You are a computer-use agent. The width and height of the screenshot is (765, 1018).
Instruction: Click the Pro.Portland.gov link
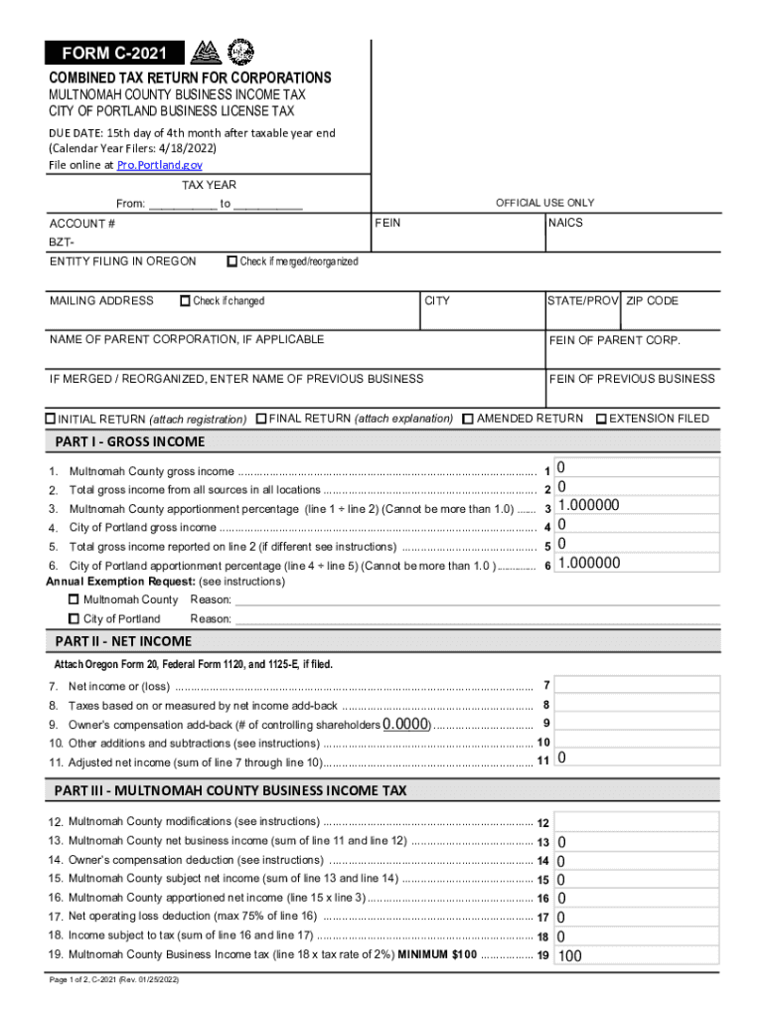(x=160, y=165)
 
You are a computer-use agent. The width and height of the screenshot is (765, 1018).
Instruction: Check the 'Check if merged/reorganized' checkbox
(x=232, y=261)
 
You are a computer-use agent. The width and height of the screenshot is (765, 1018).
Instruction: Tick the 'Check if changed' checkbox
(x=185, y=301)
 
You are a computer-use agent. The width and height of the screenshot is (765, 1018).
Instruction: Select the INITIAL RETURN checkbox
(x=52, y=420)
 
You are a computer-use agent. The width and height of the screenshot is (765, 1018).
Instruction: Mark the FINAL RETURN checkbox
(x=261, y=419)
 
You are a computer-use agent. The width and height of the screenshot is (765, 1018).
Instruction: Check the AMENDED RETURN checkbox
(x=468, y=419)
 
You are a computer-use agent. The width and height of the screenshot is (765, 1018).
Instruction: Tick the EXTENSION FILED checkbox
(x=601, y=419)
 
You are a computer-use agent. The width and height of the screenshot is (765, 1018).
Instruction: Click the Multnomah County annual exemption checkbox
(x=74, y=599)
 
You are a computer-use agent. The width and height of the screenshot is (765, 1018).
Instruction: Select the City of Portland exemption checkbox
(x=74, y=618)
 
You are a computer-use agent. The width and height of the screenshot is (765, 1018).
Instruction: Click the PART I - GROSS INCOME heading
(x=130, y=441)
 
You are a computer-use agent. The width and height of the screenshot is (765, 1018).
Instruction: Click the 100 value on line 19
(x=569, y=956)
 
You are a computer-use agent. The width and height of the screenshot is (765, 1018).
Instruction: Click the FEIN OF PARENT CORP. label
(x=615, y=340)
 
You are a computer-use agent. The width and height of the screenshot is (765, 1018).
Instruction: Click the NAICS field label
(x=565, y=223)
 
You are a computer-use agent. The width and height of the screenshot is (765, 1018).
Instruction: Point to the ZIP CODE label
(x=653, y=301)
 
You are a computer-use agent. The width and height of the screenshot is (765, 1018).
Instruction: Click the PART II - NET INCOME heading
(x=124, y=641)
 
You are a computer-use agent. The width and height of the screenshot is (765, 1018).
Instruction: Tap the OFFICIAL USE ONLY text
(x=544, y=203)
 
